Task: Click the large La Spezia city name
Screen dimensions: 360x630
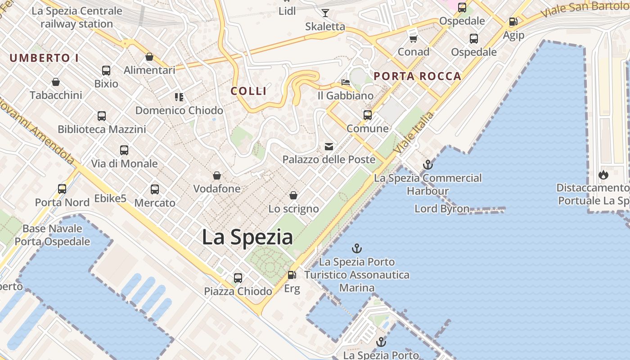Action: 247,237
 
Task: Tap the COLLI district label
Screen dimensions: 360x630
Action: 249,91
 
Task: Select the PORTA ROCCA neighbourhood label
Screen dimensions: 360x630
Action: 418,76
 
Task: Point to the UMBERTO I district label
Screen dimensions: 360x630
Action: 44,58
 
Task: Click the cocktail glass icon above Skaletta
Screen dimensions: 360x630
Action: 325,13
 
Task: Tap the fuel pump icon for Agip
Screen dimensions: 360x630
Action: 513,22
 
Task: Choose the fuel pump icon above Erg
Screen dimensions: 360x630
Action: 292,274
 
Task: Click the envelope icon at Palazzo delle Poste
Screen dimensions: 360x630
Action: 329,146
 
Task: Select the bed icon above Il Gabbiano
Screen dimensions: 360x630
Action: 346,82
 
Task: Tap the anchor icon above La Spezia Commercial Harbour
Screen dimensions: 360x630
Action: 427,165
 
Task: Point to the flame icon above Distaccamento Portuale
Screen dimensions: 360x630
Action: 603,175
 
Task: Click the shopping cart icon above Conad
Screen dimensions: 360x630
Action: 413,39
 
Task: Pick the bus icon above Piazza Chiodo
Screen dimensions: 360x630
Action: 238,278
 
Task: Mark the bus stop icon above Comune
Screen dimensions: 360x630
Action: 368,115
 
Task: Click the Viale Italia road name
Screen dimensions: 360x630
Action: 414,132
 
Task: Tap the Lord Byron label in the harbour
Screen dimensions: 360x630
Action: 441,209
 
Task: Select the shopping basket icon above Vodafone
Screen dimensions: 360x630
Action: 217,175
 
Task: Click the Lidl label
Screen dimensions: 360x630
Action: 287,11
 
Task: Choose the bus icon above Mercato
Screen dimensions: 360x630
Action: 155,189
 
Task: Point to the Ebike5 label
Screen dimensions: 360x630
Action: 110,198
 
